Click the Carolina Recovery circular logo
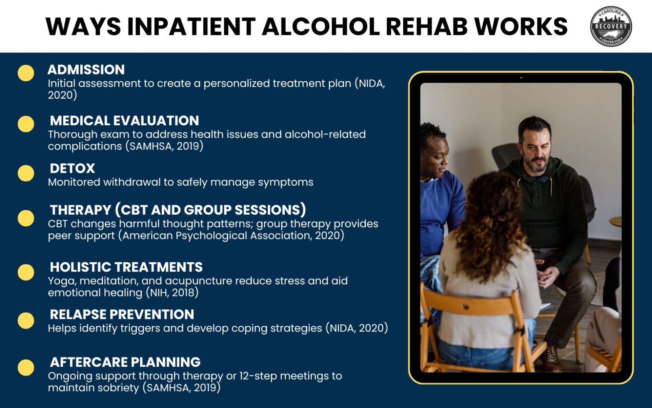pyautogui.click(x=611, y=26)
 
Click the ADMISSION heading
pyautogui.click(x=86, y=70)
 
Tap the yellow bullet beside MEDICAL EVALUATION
pyautogui.click(x=26, y=124)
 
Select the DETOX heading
pyautogui.click(x=72, y=169)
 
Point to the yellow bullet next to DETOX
pyautogui.click(x=26, y=173)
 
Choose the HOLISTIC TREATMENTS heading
pyautogui.click(x=126, y=267)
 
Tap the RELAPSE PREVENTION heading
pyautogui.click(x=122, y=314)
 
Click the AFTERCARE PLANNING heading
pyautogui.click(x=125, y=362)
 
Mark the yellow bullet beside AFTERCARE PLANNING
pyautogui.click(x=26, y=368)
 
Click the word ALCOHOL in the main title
pyautogui.click(x=320, y=27)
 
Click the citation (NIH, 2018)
pyautogui.click(x=172, y=293)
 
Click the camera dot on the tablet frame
pyautogui.click(x=521, y=78)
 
